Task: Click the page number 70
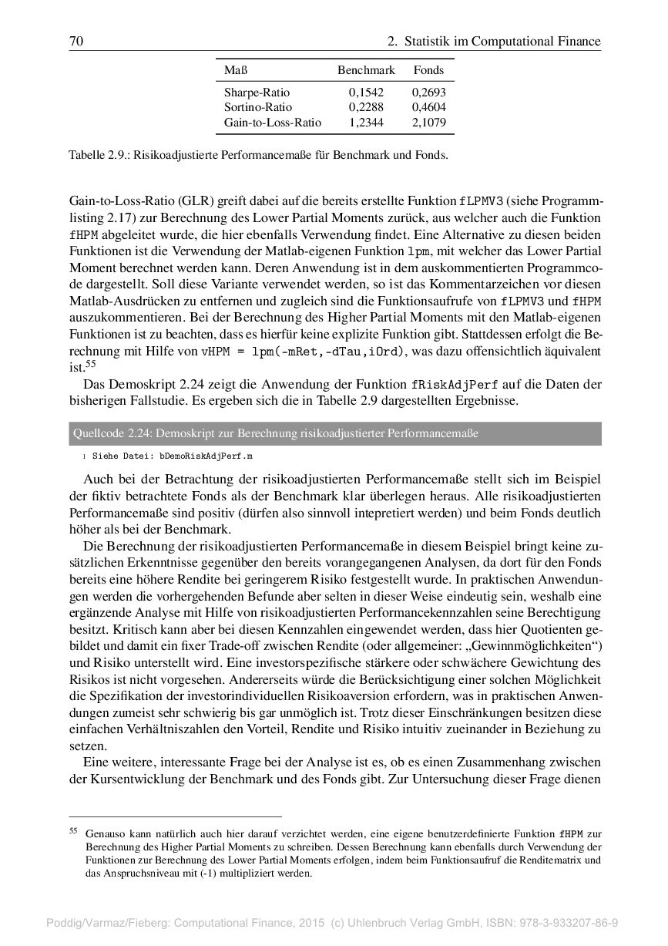(x=76, y=42)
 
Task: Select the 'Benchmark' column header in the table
(x=366, y=70)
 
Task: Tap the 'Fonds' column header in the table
(x=428, y=70)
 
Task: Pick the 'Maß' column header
(x=235, y=70)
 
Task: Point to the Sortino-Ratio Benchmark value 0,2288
(x=366, y=107)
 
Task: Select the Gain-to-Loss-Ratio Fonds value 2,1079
(x=429, y=122)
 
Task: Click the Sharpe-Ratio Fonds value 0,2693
(x=429, y=93)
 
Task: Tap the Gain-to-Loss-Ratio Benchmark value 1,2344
(x=366, y=122)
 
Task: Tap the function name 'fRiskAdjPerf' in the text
(x=447, y=384)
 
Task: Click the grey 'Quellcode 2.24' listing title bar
(x=334, y=433)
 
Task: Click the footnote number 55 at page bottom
(x=74, y=831)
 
